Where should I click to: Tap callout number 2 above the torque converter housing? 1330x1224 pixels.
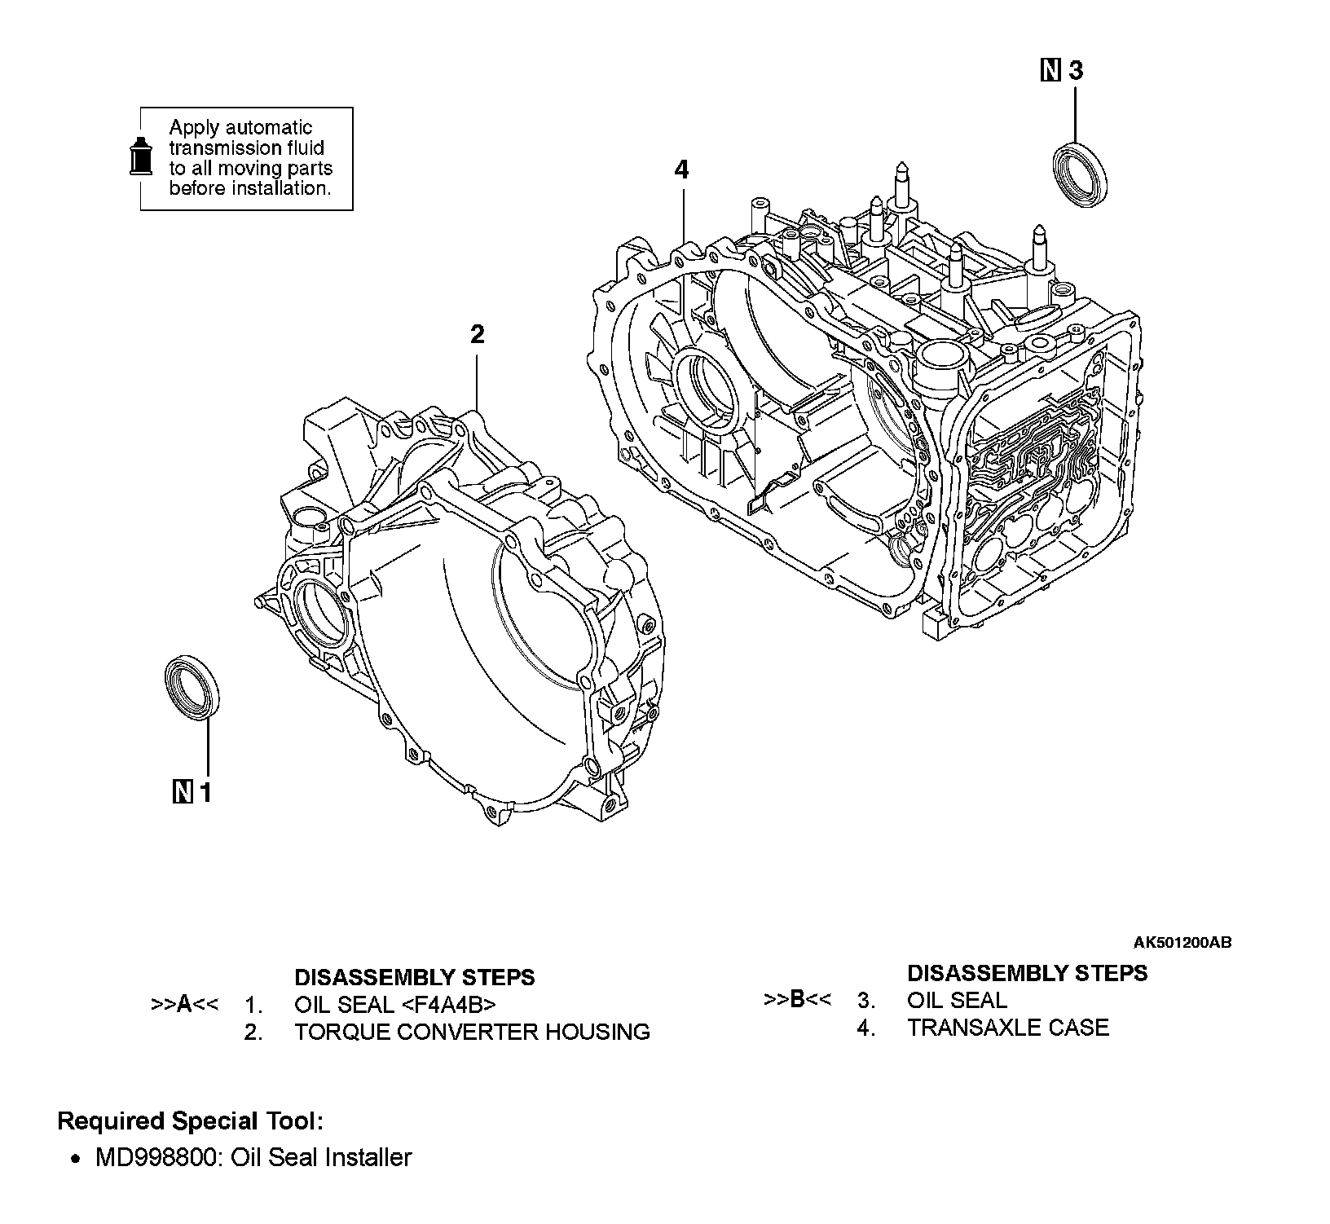478,334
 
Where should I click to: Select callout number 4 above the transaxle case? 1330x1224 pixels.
681,170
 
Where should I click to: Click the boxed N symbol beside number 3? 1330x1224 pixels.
1051,71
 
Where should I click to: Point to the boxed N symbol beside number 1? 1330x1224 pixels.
183,791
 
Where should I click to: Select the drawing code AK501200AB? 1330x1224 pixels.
1182,943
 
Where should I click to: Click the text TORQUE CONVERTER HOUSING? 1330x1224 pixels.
472,1032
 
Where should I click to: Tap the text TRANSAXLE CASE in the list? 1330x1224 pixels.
1008,1028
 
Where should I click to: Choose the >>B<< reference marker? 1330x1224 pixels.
798,999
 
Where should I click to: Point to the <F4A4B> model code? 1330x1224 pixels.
449,1004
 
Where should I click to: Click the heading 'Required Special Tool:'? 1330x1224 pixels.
191,1121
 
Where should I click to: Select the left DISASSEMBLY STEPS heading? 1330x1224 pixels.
414,977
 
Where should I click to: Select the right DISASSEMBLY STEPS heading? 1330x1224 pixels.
1027,973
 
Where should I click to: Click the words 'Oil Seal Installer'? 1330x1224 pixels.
322,1157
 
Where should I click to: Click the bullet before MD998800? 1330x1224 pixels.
76,1159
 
